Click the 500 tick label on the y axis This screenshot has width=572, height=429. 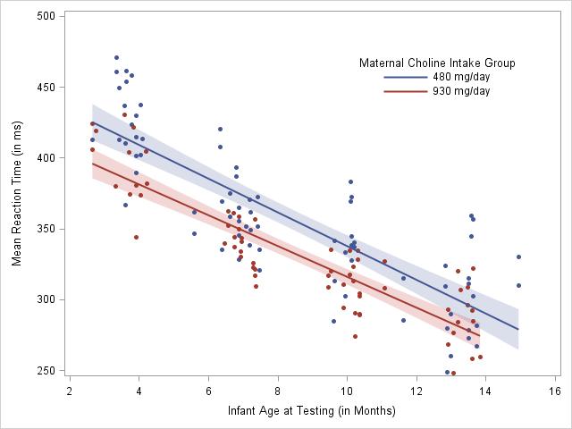pyautogui.click(x=47, y=16)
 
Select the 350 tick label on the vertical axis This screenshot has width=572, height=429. pyautogui.click(x=47, y=229)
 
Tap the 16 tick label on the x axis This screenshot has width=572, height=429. pyautogui.click(x=555, y=391)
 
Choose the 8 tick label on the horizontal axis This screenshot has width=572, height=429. pyautogui.click(x=278, y=391)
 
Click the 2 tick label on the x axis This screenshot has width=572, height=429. pyautogui.click(x=70, y=391)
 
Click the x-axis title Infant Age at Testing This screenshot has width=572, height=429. pyautogui.click(x=311, y=411)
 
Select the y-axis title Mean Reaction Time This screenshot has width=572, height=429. pyautogui.click(x=16, y=193)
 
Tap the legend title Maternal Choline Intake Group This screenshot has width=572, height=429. pyautogui.click(x=436, y=63)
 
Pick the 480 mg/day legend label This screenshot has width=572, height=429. pyautogui.click(x=461, y=77)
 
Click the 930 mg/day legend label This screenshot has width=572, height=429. pyautogui.click(x=461, y=91)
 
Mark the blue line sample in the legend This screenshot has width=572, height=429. pyautogui.click(x=405, y=77)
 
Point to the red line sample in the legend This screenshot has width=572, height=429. pyautogui.click(x=405, y=91)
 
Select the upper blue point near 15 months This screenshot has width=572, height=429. pyautogui.click(x=518, y=257)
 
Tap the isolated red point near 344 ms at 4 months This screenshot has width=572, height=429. pyautogui.click(x=136, y=237)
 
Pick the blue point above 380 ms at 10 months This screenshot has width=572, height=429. pyautogui.click(x=350, y=181)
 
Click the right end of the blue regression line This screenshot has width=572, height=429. pyautogui.click(x=518, y=329)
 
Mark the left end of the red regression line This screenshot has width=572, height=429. pyautogui.click(x=92, y=163)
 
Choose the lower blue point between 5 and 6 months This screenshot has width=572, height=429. pyautogui.click(x=194, y=233)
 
